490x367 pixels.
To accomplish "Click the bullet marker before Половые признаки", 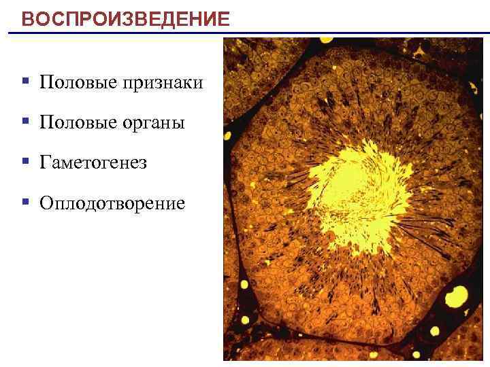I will (x=25, y=82).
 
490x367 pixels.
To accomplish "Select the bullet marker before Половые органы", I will (x=25, y=122).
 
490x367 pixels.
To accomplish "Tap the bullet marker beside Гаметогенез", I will (x=25, y=162).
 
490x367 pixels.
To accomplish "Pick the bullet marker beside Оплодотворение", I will (x=25, y=203).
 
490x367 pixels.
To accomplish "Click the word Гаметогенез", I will (x=93, y=163).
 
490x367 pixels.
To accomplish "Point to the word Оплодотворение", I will (x=112, y=203).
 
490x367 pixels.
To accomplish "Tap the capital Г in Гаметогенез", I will (x=45, y=163).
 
